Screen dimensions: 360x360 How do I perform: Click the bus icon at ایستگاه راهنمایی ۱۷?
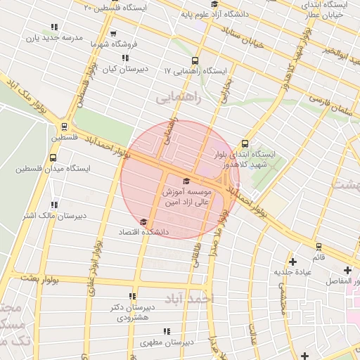coord(195,60)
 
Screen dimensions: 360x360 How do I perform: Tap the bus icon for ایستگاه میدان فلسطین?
coord(54,157)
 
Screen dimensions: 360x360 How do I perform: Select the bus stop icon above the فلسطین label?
coord(65,127)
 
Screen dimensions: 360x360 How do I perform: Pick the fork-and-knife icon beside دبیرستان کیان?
coord(125,58)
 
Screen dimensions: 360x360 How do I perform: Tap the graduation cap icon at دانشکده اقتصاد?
coord(143,222)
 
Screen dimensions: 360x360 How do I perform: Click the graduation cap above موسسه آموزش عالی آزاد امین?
coord(186,181)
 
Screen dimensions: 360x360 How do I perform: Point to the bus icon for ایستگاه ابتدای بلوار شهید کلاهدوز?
coord(245,143)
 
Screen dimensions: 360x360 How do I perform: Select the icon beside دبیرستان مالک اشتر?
coord(54,205)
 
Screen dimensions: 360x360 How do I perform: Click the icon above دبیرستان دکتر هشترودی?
coord(132,296)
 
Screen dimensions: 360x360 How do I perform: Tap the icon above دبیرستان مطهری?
coord(167,331)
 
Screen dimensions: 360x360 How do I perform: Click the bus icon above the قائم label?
coord(319,247)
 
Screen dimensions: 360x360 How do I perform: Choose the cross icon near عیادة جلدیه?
coord(292,262)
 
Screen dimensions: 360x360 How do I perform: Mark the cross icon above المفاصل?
coord(347,270)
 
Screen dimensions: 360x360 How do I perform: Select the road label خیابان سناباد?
coord(241,38)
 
